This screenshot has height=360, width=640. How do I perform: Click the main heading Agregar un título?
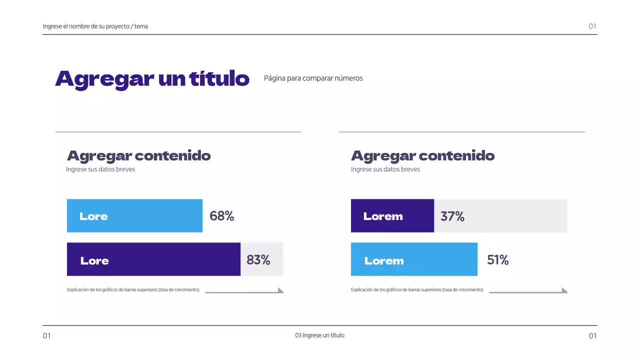152,79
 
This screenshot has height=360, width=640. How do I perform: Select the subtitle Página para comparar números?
313,78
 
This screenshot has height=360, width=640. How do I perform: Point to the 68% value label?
221,216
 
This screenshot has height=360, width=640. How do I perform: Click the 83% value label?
258,260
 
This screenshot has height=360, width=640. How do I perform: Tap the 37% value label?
452,216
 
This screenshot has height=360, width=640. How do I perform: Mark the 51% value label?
497,260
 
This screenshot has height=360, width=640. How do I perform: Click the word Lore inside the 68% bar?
93,216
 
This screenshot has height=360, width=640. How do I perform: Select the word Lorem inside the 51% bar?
384,261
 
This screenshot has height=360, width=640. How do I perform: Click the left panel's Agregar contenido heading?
138,156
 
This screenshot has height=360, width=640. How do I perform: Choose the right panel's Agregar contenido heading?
422,156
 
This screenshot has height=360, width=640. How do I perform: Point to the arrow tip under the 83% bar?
280,290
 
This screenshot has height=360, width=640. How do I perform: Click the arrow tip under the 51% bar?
564,290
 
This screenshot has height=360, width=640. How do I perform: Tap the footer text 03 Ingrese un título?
319,335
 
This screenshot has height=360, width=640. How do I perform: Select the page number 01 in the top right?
592,26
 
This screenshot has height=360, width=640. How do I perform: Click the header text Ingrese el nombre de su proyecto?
95,26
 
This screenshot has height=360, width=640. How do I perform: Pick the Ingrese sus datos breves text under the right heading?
385,169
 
